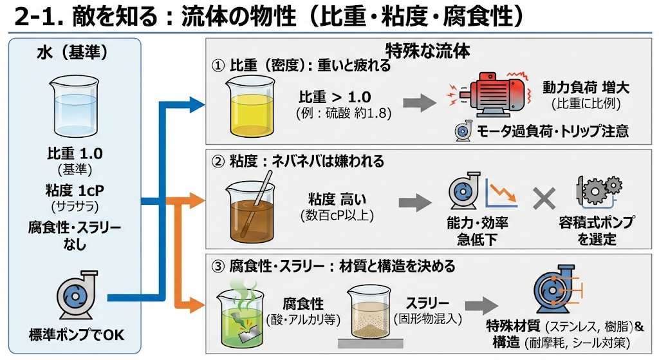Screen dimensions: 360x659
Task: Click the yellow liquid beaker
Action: (x=248, y=103)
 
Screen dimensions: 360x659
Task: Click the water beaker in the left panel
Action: (x=75, y=106)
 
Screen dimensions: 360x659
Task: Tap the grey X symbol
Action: (x=544, y=198)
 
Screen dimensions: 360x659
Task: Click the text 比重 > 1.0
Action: (x=335, y=97)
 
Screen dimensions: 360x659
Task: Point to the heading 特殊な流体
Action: (x=427, y=50)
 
